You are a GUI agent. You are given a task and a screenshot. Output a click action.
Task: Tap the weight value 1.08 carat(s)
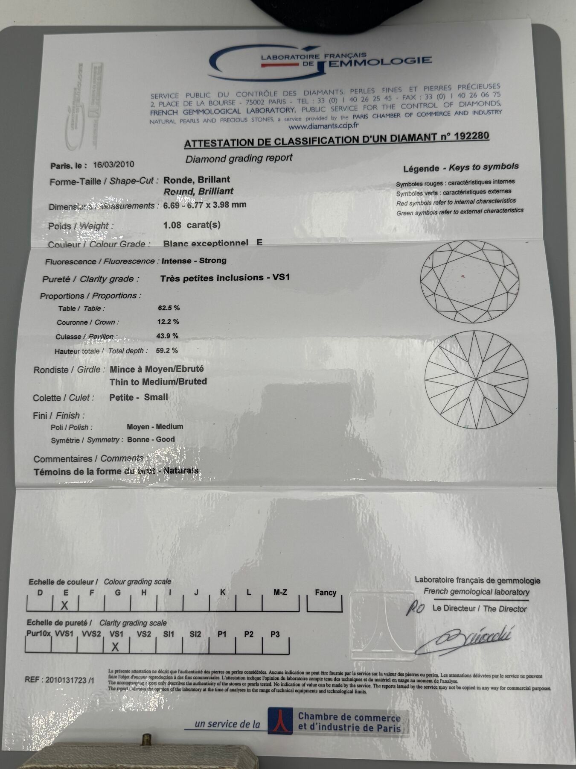192,225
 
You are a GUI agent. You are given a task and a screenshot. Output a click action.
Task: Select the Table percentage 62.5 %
169,308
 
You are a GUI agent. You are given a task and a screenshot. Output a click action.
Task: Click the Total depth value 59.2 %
167,350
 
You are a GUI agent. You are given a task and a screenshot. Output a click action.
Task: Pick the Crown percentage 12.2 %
168,322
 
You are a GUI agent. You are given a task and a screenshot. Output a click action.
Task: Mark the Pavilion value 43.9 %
167,336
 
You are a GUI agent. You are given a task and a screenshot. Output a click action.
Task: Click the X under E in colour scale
65,605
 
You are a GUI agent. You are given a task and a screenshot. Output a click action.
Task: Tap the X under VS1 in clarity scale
115,647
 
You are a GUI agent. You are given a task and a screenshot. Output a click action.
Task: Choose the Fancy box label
326,593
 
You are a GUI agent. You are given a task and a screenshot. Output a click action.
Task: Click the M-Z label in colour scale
280,592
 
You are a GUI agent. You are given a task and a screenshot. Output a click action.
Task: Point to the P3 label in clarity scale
275,634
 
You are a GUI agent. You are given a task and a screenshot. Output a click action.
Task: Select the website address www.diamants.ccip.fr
324,126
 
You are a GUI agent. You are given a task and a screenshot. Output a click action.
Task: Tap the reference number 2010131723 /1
60,680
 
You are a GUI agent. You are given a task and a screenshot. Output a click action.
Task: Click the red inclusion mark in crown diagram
463,276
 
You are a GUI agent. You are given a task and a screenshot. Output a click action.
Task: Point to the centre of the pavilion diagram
476,379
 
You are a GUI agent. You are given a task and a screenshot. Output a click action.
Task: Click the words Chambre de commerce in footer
349,717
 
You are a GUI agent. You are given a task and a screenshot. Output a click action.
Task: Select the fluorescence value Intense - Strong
194,261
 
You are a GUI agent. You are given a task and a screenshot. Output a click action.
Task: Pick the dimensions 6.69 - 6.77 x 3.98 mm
205,205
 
